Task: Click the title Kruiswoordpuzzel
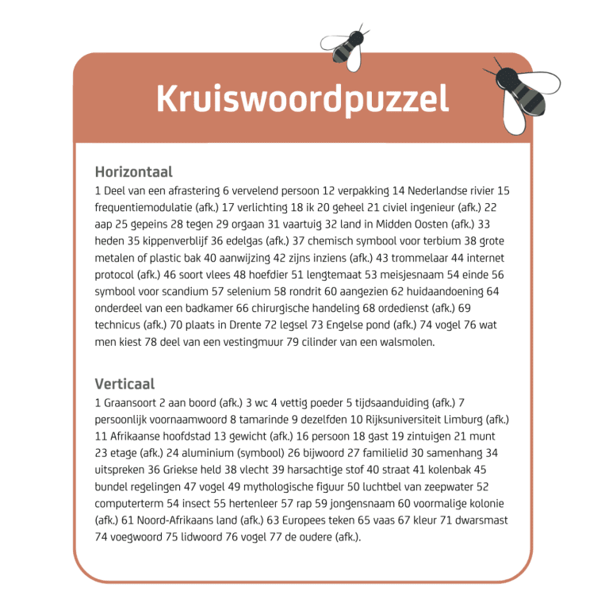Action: (302, 99)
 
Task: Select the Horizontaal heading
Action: (133, 171)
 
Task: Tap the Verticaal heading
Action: (124, 384)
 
